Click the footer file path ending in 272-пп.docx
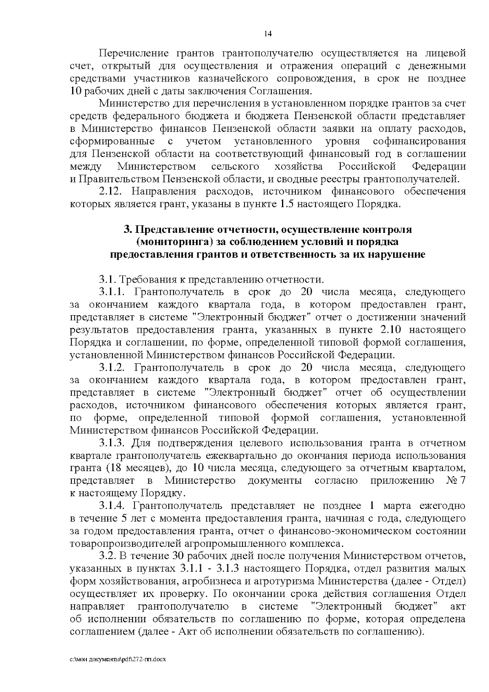click(x=119, y=659)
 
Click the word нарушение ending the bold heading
click(x=397, y=255)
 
